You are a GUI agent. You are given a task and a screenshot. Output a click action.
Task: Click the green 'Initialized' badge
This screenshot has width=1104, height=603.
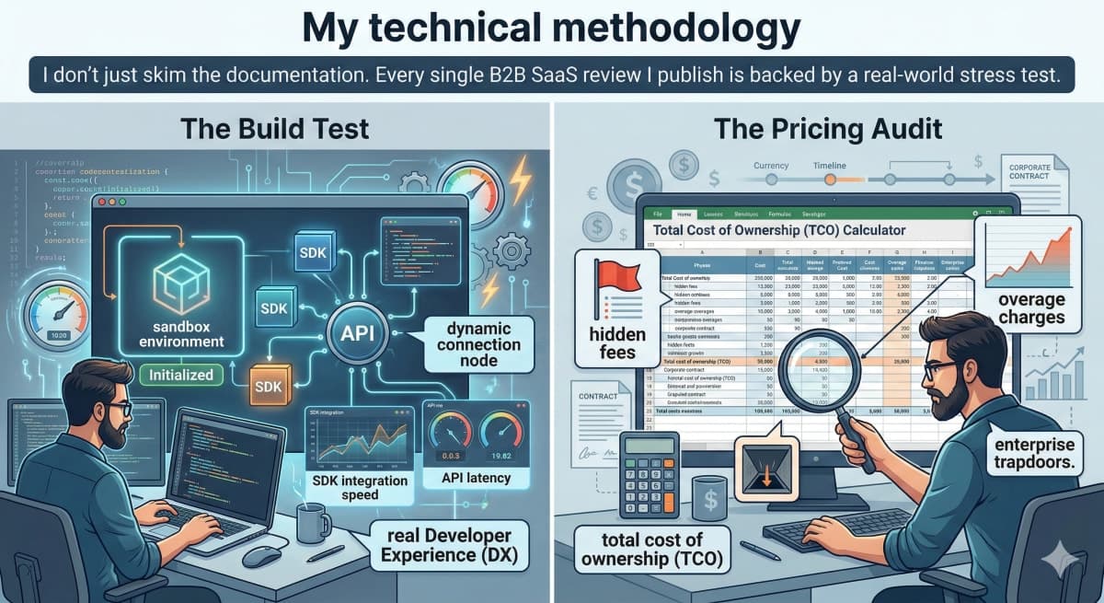click(181, 375)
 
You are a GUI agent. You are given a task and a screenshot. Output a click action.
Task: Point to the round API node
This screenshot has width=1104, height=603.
click(358, 331)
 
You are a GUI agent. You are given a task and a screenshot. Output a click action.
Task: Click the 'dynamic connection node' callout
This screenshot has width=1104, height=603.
click(472, 345)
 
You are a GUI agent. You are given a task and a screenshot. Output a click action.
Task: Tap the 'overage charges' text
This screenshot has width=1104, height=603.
click(1030, 308)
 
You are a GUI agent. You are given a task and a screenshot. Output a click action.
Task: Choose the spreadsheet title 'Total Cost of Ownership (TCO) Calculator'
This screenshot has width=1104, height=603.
click(778, 229)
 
